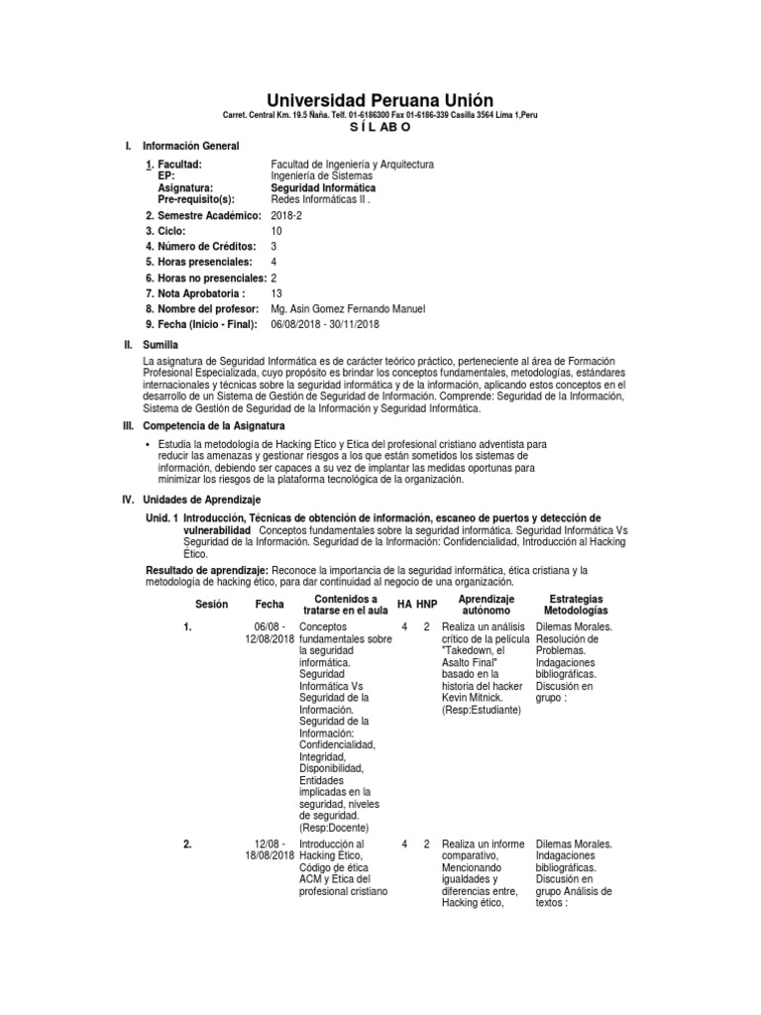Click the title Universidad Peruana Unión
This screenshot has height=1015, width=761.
tap(380, 100)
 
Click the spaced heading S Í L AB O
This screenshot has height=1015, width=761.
tap(380, 129)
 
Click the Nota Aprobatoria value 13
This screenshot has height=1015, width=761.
tap(276, 293)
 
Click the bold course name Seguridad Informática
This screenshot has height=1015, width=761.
tap(323, 187)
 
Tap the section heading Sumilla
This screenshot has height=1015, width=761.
tap(160, 343)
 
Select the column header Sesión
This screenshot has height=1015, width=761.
tap(211, 604)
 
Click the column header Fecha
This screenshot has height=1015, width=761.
tap(269, 604)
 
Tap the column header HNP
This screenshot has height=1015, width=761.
tap(426, 604)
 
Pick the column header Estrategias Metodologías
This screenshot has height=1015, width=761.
tap(576, 606)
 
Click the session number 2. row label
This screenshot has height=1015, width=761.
tap(187, 845)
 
